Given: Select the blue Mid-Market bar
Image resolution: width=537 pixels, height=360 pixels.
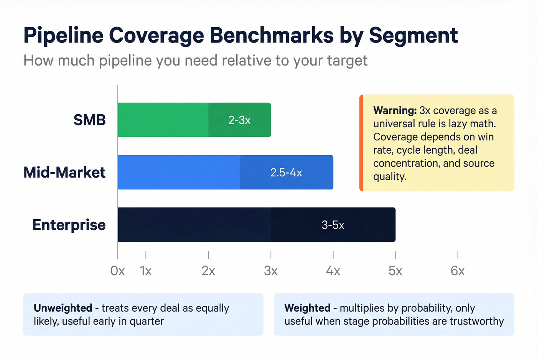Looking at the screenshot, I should (x=180, y=172).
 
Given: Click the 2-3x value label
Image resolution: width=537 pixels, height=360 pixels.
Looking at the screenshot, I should (x=239, y=120).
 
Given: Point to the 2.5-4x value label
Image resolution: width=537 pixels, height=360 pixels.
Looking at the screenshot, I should (x=286, y=173).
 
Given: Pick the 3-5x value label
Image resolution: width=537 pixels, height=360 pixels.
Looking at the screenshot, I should (x=333, y=225).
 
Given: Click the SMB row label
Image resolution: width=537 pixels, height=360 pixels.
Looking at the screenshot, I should (x=89, y=120).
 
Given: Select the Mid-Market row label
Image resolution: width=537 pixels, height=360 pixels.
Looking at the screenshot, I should (x=64, y=173).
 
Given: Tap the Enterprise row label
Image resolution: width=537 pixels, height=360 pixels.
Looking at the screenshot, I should (x=69, y=225).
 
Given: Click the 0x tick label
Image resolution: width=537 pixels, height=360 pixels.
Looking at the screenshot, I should (x=117, y=271).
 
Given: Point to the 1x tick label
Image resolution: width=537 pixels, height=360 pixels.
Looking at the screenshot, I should (x=146, y=271).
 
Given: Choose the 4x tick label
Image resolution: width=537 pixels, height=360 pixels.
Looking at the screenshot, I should (x=333, y=271).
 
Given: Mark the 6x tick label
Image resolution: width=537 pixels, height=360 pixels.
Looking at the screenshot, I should (x=458, y=271).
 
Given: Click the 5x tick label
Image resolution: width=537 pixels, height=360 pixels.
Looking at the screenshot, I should (x=395, y=271).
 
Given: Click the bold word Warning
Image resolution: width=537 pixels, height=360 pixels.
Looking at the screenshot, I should (x=395, y=110).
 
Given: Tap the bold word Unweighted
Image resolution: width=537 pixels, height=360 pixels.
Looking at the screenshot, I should (x=63, y=308).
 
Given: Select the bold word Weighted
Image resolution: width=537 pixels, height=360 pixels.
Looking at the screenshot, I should (x=307, y=308).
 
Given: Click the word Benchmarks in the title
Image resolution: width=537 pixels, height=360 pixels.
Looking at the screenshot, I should (x=272, y=35).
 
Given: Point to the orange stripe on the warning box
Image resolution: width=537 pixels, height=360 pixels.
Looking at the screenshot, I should (x=361, y=143).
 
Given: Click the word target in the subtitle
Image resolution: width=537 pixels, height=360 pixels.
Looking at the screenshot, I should (x=347, y=61).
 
